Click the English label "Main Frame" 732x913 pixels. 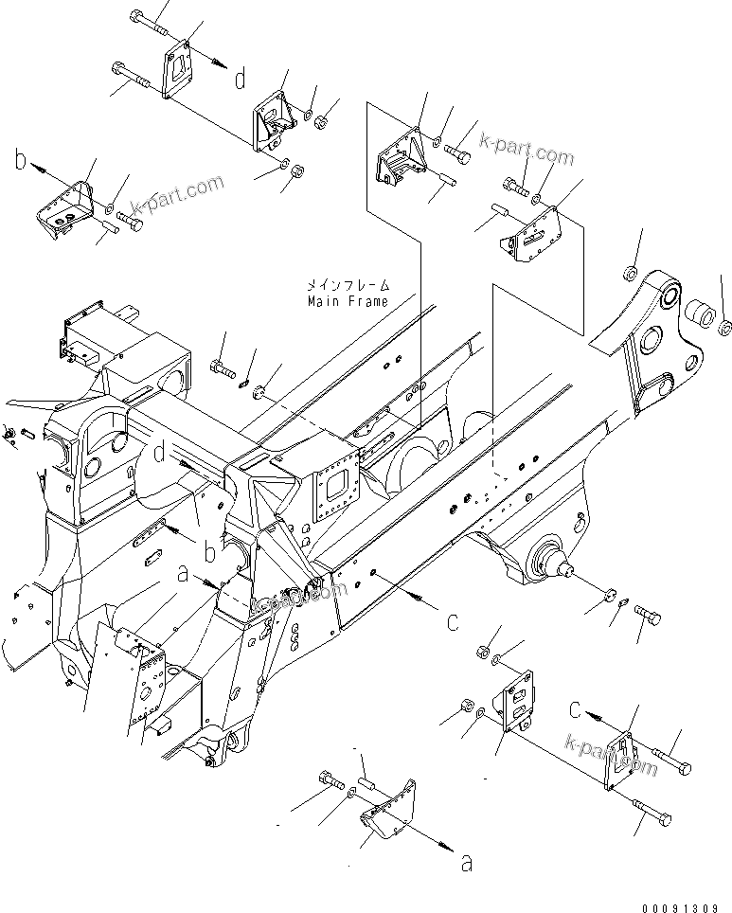(x=347, y=301)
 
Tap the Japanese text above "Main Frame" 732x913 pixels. (x=347, y=284)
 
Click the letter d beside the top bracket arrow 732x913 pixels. (x=241, y=78)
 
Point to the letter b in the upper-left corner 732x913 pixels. (x=20, y=161)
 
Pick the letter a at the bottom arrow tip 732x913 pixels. (x=464, y=862)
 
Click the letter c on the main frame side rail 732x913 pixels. (x=453, y=622)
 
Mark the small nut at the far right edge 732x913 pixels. (x=724, y=328)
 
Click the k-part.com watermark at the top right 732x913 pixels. (x=527, y=150)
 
